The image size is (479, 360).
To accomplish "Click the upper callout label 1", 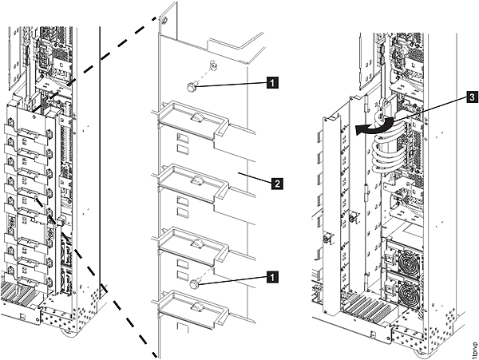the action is click(272, 82).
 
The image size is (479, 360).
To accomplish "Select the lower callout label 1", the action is click(272, 278).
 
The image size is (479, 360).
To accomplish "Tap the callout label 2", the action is click(277, 184).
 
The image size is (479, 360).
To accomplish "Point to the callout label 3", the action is click(473, 97).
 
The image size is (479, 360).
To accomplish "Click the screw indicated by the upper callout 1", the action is click(192, 88).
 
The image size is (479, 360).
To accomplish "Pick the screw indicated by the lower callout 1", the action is click(194, 284).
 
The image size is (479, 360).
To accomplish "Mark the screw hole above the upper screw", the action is click(212, 65).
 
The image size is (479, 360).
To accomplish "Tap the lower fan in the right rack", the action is click(410, 295).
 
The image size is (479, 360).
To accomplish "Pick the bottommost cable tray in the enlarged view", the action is click(193, 309).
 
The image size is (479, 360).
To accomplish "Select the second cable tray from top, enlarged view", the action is click(193, 184).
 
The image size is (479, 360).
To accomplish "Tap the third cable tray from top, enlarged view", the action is click(193, 246).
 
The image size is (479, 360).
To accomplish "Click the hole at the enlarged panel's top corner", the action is click(164, 21).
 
